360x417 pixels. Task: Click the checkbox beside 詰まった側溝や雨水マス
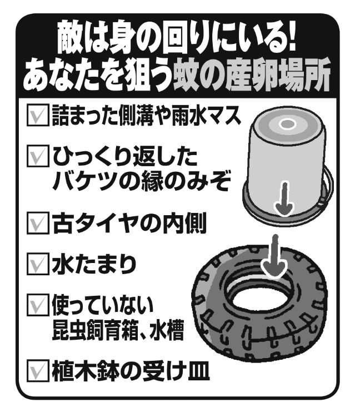[x=38, y=115]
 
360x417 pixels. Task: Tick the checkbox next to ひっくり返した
[x=38, y=156]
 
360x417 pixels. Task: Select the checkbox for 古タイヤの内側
[x=38, y=223]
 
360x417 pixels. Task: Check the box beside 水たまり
[x=38, y=264]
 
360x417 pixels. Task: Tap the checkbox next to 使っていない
[x=38, y=305]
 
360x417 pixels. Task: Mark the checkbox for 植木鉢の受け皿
[x=38, y=370]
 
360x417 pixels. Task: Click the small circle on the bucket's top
[x=287, y=123]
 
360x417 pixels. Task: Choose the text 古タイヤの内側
[x=129, y=224]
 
